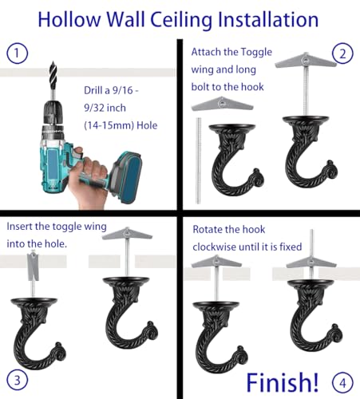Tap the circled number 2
[344, 54]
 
